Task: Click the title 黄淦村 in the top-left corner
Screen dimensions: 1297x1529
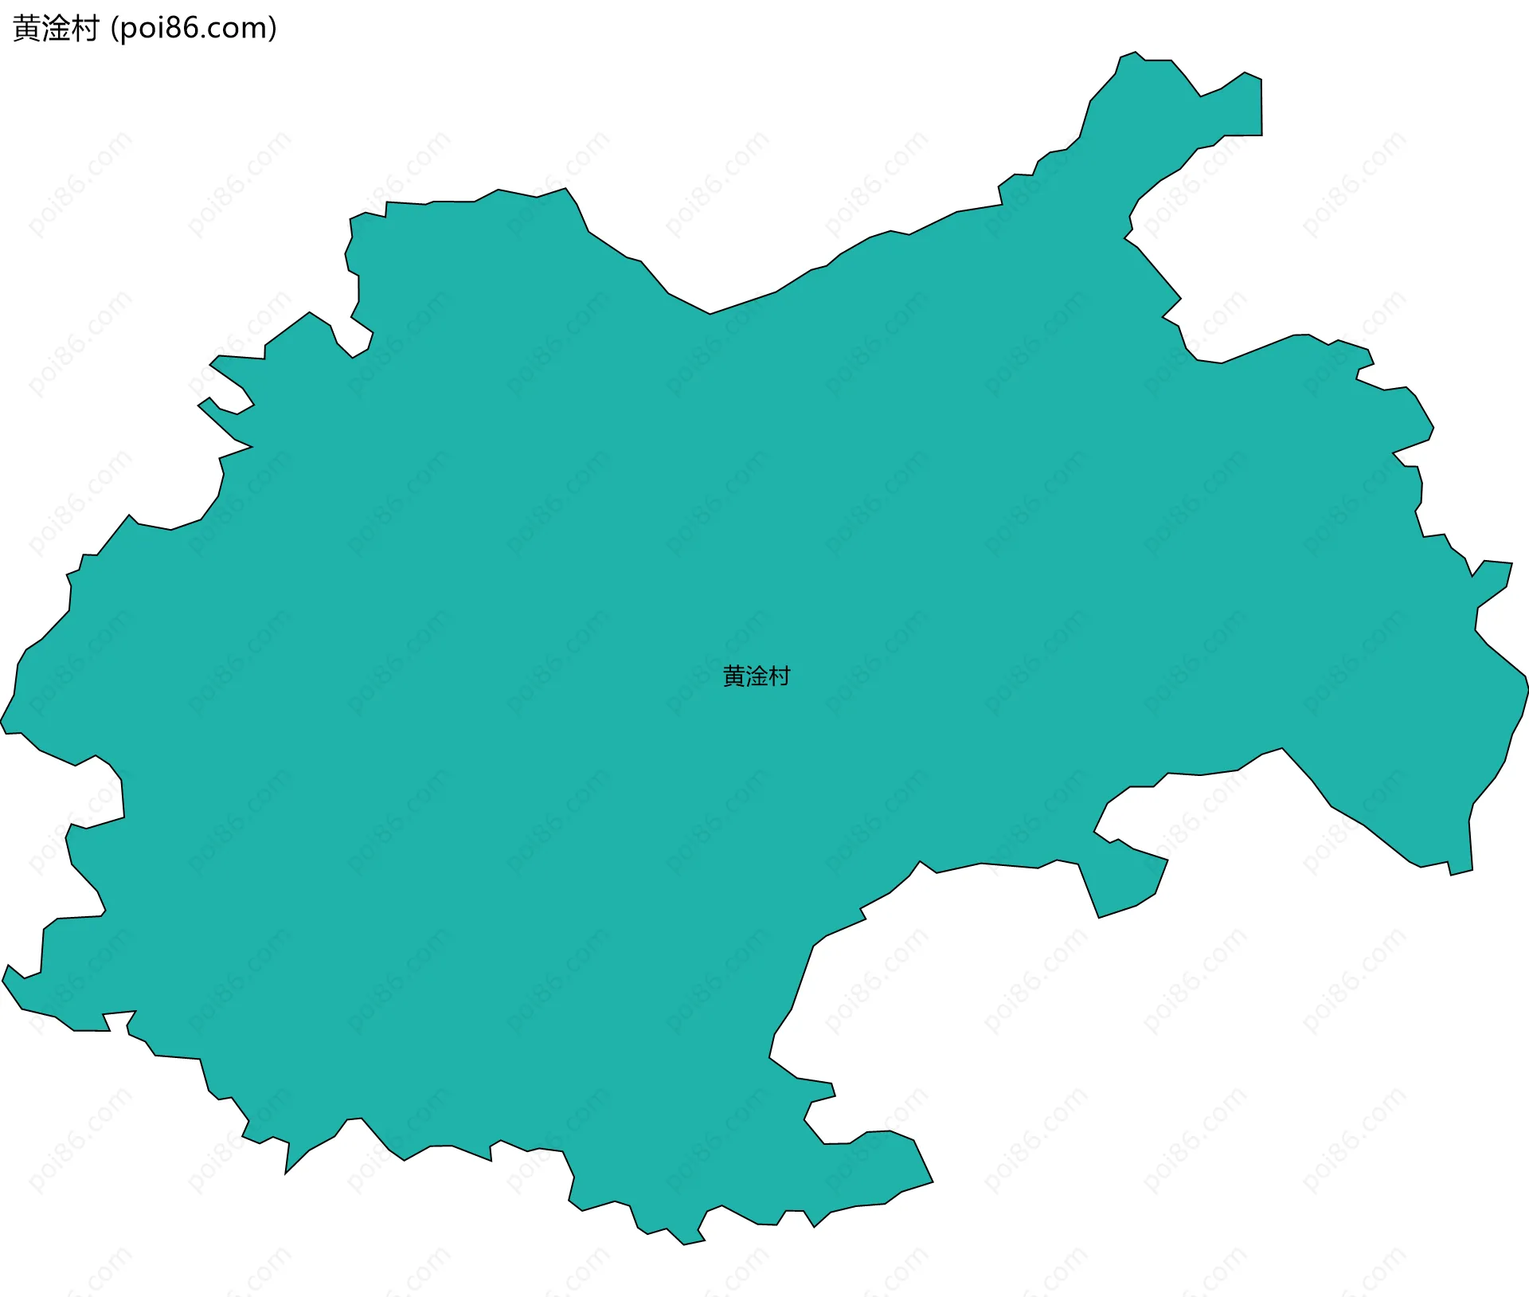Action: click(x=56, y=29)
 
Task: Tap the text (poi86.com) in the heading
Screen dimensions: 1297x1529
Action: click(x=194, y=29)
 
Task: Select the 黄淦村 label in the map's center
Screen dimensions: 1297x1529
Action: click(x=756, y=676)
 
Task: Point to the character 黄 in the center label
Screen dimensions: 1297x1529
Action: click(x=733, y=676)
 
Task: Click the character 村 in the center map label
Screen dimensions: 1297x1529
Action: click(x=779, y=676)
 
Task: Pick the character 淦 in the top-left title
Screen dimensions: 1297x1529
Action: click(x=56, y=29)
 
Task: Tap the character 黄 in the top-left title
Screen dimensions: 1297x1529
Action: click(x=27, y=29)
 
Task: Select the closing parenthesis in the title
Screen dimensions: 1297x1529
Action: click(x=273, y=29)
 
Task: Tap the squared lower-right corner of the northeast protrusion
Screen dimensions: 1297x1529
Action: click(x=1260, y=133)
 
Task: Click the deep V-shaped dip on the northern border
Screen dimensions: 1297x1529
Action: click(x=710, y=312)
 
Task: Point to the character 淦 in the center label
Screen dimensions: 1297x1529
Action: click(x=756, y=676)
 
